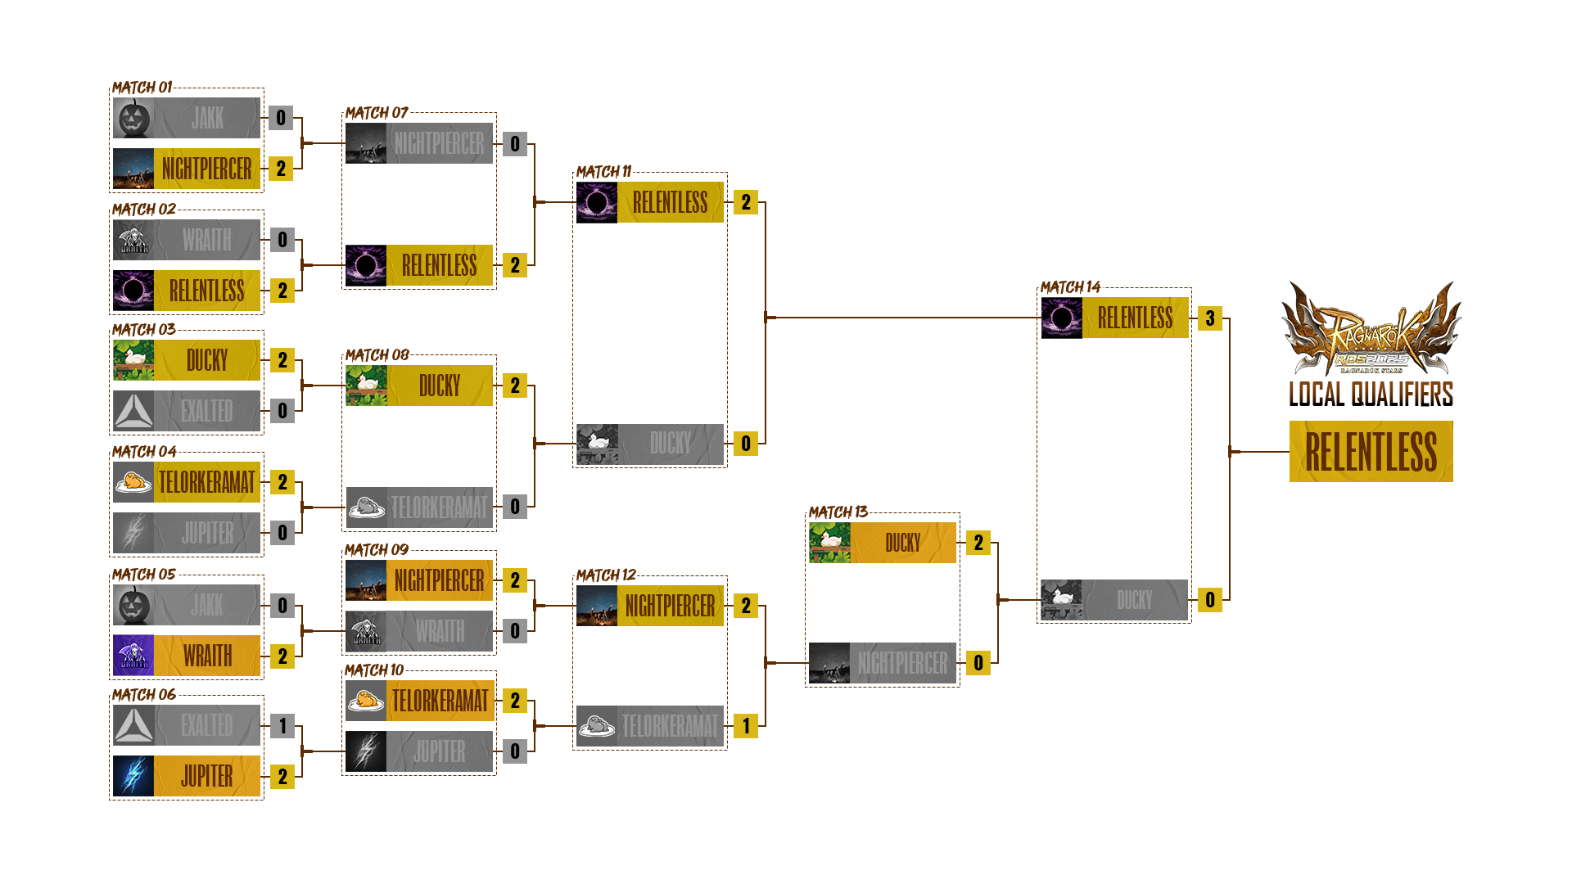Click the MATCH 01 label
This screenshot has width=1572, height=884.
(142, 88)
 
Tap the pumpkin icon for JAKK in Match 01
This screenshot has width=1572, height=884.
(133, 118)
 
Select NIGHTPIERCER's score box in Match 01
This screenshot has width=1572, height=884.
(281, 169)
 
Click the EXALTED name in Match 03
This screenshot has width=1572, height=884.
(207, 411)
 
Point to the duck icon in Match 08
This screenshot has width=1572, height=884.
(366, 386)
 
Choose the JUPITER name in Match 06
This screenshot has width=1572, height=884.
(207, 776)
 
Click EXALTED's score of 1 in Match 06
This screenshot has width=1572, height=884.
(282, 726)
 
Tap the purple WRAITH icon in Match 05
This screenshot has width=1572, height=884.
(133, 656)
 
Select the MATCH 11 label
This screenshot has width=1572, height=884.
(603, 172)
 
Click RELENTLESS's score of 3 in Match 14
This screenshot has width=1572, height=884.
(1210, 318)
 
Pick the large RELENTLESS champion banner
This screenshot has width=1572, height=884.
(1371, 452)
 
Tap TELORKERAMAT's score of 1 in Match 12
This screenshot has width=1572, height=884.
(746, 726)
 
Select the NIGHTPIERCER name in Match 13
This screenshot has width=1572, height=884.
(903, 663)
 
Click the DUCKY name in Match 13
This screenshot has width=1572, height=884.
(903, 543)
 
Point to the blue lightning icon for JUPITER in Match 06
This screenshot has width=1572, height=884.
(133, 776)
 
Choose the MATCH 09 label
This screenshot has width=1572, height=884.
(376, 550)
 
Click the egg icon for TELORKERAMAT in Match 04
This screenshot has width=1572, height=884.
(133, 482)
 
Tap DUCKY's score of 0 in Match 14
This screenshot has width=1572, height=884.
(1210, 600)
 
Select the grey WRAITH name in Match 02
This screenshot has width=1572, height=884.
(207, 240)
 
